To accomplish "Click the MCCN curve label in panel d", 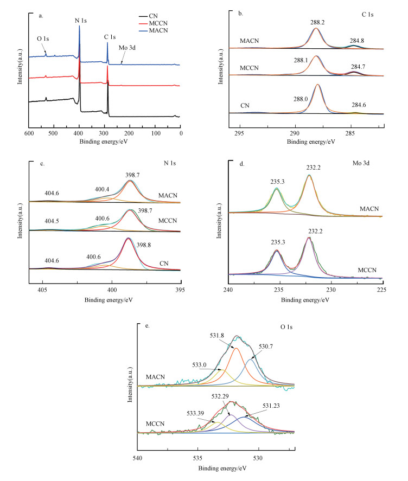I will (x=373, y=270).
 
